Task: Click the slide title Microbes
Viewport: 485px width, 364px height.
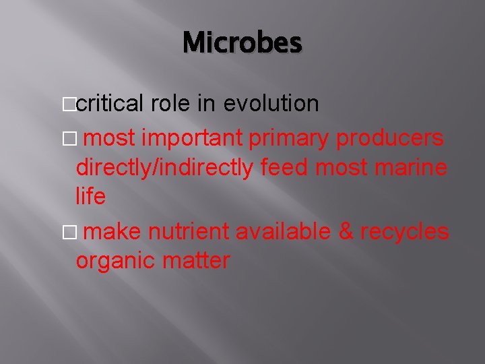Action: pyautogui.click(x=243, y=43)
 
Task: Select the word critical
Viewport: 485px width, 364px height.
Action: pyautogui.click(x=110, y=103)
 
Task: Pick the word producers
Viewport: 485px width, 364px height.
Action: pyautogui.click(x=389, y=138)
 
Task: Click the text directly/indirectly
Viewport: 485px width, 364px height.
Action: pyautogui.click(x=165, y=168)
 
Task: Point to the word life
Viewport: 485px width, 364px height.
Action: pyautogui.click(x=91, y=196)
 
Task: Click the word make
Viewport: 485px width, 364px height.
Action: pyautogui.click(x=113, y=231)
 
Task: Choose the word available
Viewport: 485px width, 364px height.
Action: pyautogui.click(x=284, y=231)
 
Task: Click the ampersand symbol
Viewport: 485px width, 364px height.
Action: pyautogui.click(x=346, y=231)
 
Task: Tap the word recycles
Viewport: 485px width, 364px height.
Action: pyautogui.click(x=404, y=231)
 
